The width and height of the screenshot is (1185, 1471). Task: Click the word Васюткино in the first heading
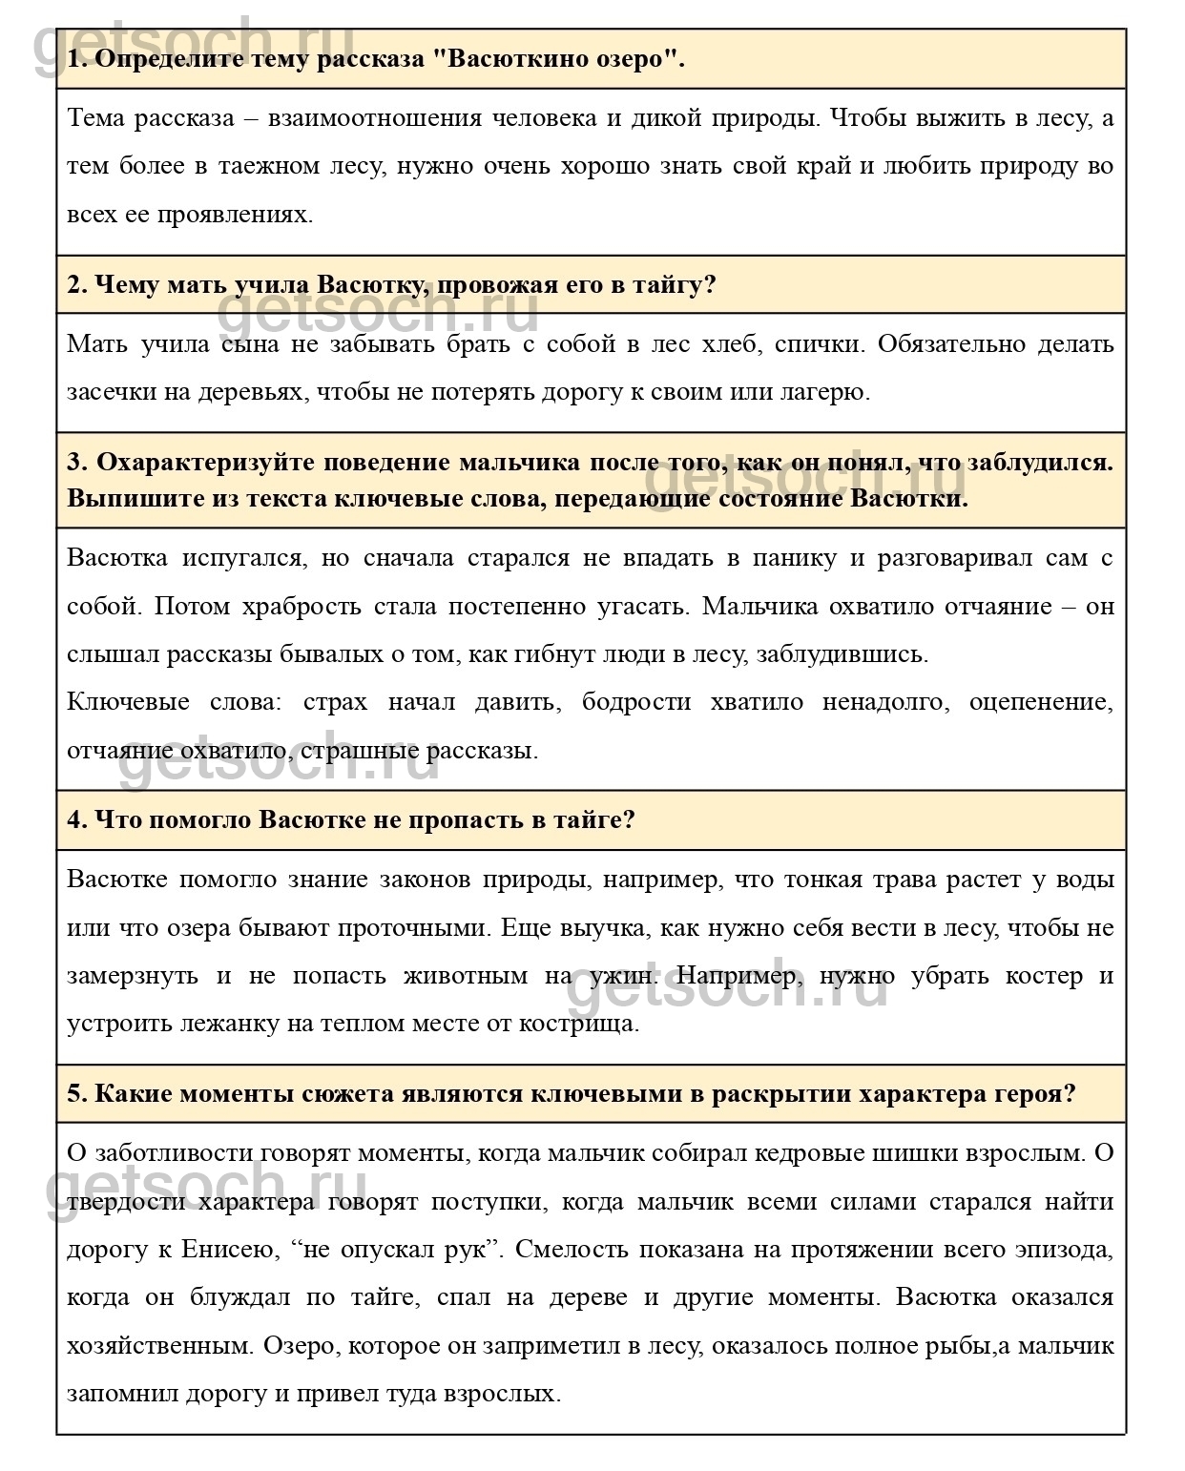[511, 59]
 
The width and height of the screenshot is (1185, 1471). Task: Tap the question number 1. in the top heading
[77, 59]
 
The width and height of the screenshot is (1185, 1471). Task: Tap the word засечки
[107, 392]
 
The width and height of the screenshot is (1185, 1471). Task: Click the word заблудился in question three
[1040, 463]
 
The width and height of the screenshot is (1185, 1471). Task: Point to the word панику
[789, 558]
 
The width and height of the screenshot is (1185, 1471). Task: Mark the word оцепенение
[1040, 702]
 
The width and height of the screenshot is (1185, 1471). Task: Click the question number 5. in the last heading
[77, 1093]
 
